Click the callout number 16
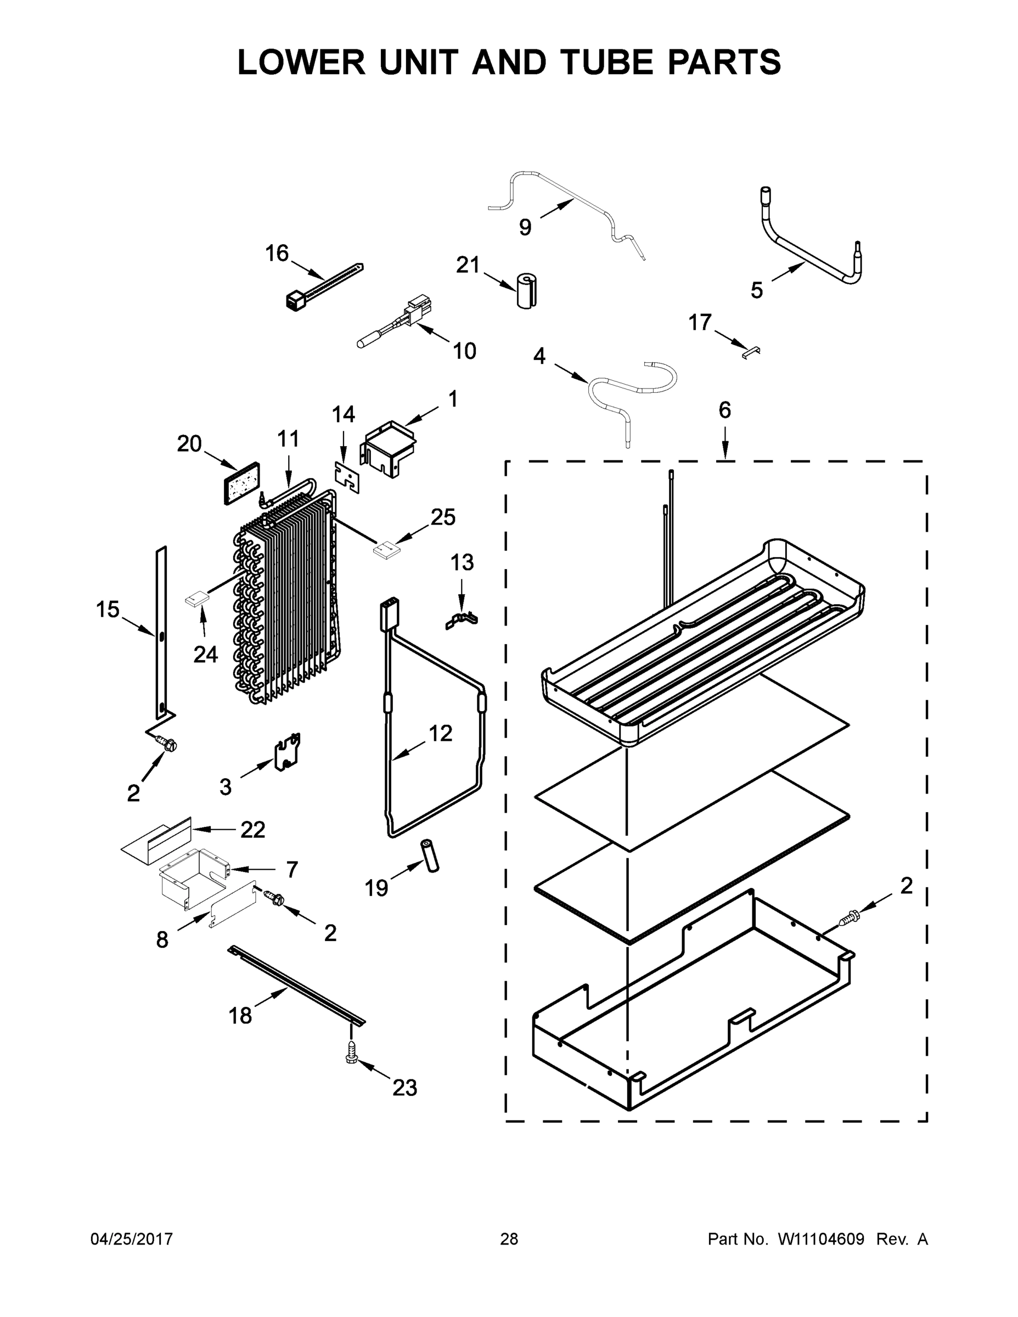pyautogui.click(x=277, y=254)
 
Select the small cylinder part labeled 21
pyautogui.click(x=527, y=291)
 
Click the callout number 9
pyautogui.click(x=525, y=227)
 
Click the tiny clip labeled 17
pyautogui.click(x=751, y=352)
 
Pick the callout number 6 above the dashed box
pyautogui.click(x=724, y=410)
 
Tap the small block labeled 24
pyautogui.click(x=196, y=599)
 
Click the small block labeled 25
pyautogui.click(x=386, y=548)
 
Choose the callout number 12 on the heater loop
pyautogui.click(x=440, y=733)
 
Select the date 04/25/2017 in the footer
pyautogui.click(x=132, y=1239)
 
